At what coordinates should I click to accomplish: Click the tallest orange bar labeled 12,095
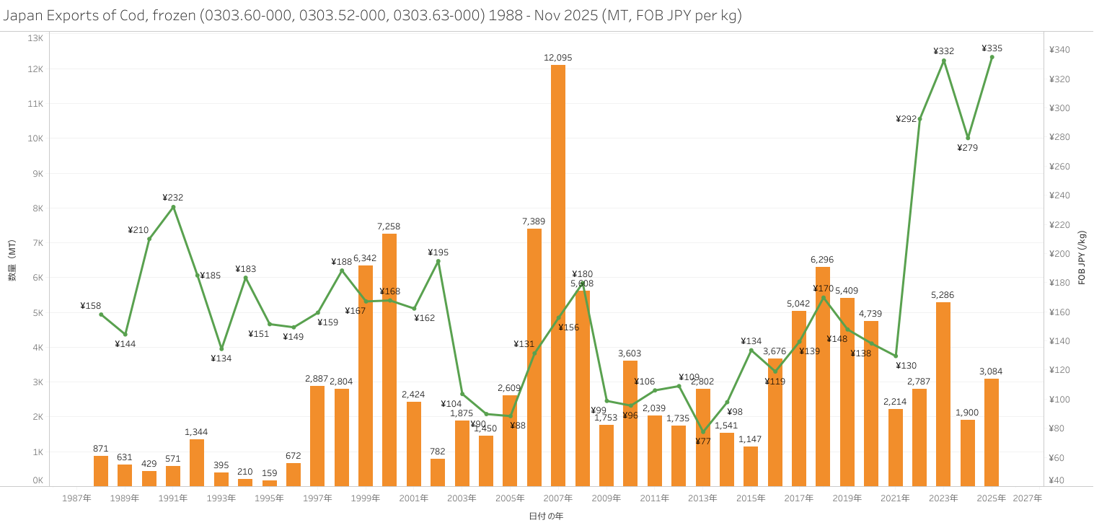pos(558,274)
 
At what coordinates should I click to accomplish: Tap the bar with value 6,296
pos(823,376)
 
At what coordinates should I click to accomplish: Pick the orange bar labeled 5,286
pos(943,394)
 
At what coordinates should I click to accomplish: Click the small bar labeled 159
pos(269,483)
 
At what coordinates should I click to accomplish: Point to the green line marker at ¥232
pos(173,207)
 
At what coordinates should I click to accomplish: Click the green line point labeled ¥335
pos(992,57)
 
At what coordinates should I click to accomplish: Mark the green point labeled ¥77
pos(703,432)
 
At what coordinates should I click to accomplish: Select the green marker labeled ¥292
pos(919,119)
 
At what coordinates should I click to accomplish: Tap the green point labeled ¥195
pos(438,261)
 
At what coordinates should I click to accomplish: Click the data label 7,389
pos(534,221)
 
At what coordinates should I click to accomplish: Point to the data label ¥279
pos(967,148)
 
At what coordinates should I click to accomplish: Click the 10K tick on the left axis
pos(35,138)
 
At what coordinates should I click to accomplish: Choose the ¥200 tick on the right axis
pos(1059,254)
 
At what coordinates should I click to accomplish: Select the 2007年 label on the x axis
pos(558,498)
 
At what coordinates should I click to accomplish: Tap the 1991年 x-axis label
pos(173,498)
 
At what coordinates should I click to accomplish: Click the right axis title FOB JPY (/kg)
pos(1082,258)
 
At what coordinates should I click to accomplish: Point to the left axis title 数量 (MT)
pos(12,260)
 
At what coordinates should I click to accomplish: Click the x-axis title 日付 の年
pos(546,516)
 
